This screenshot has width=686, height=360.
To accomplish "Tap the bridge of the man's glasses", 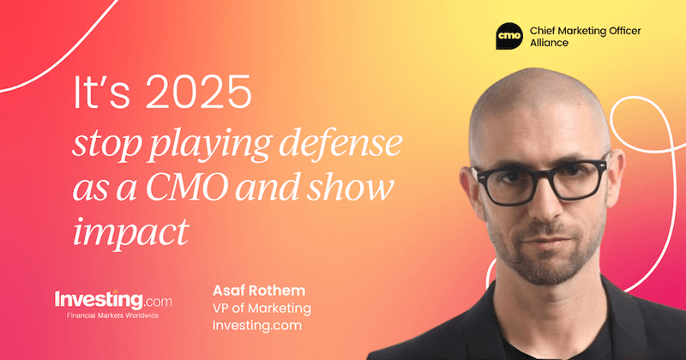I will (537, 175).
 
